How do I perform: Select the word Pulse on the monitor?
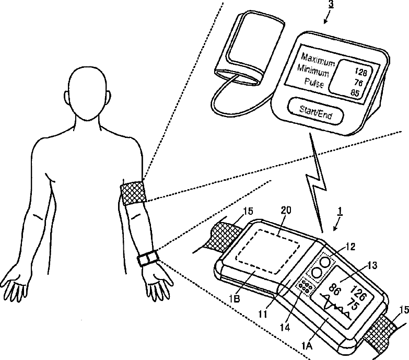coord(313,84)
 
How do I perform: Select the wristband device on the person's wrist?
coord(147,258)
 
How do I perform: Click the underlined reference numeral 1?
coord(341,212)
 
